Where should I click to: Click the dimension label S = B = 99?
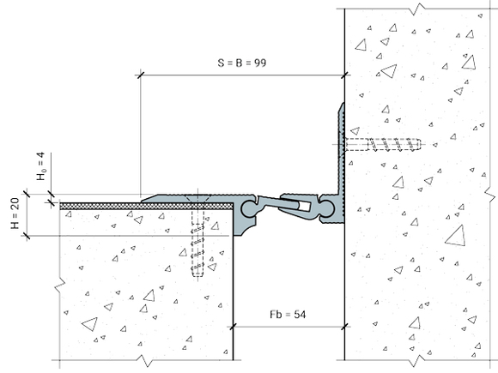242,63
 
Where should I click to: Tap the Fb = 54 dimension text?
288,315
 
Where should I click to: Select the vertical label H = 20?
15,214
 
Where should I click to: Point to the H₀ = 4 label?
41,166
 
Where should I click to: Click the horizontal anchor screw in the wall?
383,145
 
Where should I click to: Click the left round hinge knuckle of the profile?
250,208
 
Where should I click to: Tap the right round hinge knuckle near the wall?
327,209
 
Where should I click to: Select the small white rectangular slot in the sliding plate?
305,207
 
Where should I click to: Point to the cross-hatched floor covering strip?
147,206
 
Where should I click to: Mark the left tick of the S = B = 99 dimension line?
140,75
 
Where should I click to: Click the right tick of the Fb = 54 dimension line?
345,327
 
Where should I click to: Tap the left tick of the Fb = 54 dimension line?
234,327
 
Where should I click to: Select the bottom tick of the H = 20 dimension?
27,236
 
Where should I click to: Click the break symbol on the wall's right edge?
491,194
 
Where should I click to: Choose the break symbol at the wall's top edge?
417,9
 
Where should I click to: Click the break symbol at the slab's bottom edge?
145,360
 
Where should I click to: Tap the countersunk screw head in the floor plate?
197,199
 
